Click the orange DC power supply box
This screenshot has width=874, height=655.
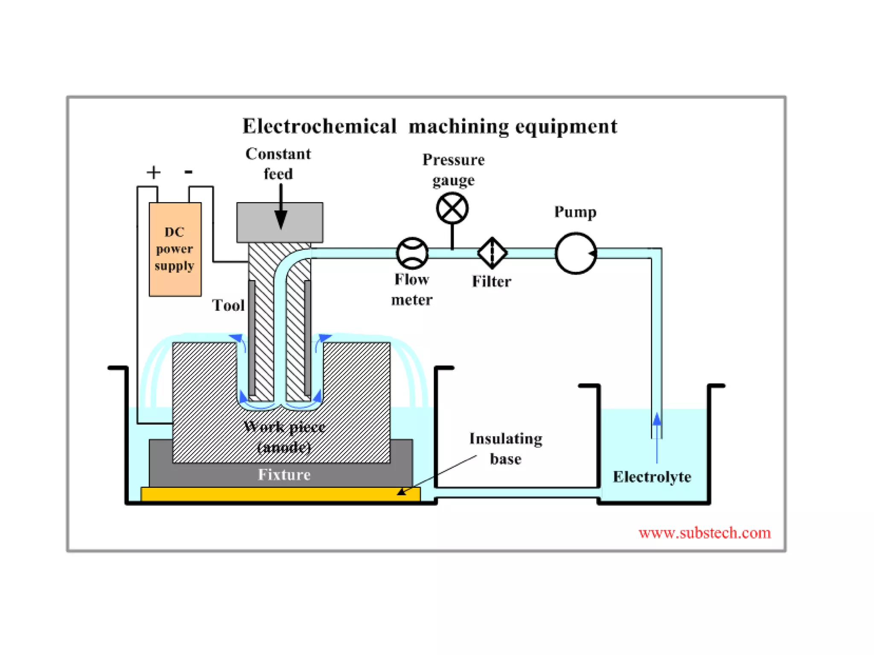(x=175, y=249)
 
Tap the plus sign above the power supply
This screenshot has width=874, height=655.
(x=154, y=172)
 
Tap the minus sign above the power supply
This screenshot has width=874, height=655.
(x=188, y=172)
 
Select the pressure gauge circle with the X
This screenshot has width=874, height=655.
(x=452, y=208)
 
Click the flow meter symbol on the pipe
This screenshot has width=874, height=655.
(x=412, y=253)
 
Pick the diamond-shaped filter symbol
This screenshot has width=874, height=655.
(x=492, y=253)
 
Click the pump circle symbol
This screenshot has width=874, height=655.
(x=575, y=253)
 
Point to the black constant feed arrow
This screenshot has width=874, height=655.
(x=280, y=209)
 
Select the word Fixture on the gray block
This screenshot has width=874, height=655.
(x=284, y=475)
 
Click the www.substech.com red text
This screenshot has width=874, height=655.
(x=704, y=533)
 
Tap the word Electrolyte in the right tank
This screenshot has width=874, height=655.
(x=652, y=477)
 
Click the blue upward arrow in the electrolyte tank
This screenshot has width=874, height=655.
(x=657, y=435)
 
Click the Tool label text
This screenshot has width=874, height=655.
(x=228, y=305)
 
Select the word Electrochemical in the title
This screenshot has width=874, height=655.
(x=319, y=126)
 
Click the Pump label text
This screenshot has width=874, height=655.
(x=575, y=212)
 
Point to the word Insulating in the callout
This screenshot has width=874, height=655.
(x=506, y=439)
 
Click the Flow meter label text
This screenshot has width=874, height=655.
(x=412, y=289)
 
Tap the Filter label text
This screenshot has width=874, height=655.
(x=491, y=281)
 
